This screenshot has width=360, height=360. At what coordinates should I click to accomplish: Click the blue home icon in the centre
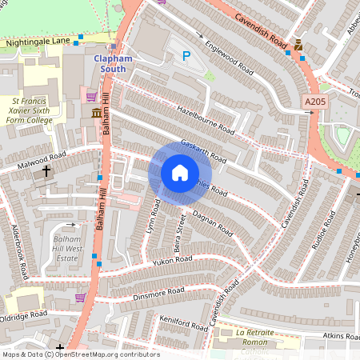(x=180, y=173)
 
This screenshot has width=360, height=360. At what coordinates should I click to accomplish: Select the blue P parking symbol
(x=186, y=56)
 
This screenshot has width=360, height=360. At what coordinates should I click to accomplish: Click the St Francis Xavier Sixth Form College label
(x=31, y=110)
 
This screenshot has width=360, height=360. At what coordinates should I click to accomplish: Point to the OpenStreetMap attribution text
(x=80, y=354)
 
